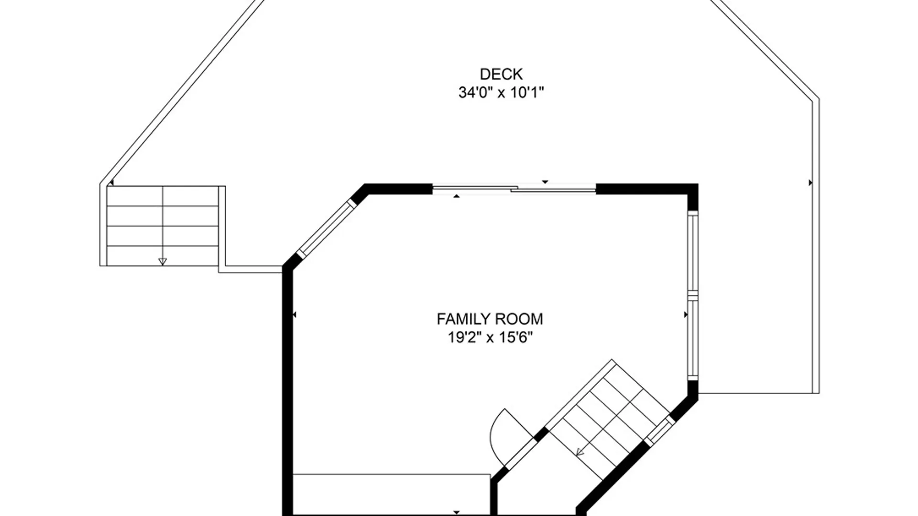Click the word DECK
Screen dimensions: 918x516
click(501, 74)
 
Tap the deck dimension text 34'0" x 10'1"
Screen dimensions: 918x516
click(501, 92)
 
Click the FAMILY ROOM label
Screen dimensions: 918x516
click(490, 319)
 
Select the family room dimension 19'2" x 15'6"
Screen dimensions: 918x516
click(490, 337)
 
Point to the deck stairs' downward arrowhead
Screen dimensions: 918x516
click(163, 261)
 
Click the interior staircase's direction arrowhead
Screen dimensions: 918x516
click(580, 451)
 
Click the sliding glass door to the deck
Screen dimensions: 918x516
click(514, 189)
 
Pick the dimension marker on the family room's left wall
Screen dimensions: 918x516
click(294, 315)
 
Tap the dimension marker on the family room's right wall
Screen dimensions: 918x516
click(686, 315)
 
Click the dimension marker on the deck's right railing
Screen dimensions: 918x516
click(810, 183)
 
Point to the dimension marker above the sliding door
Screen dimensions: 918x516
click(545, 182)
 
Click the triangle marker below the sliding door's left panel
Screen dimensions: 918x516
click(457, 196)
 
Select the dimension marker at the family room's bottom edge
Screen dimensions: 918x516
click(457, 513)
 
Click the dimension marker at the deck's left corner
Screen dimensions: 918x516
click(111, 183)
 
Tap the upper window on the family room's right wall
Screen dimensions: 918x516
click(693, 251)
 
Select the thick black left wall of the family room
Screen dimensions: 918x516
click(287, 391)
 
